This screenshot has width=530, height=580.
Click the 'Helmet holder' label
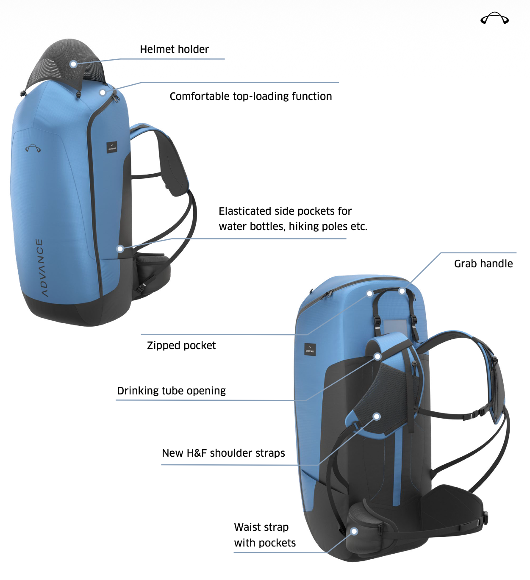tap(174, 50)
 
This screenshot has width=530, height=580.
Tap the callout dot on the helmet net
tap(73, 64)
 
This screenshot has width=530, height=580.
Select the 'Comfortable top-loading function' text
tap(251, 97)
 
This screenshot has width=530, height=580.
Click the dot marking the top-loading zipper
tap(103, 92)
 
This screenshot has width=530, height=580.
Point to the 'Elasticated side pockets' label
tap(293, 219)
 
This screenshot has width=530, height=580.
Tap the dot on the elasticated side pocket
tap(120, 248)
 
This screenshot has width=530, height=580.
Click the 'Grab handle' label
tap(483, 264)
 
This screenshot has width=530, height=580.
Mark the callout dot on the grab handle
tap(402, 291)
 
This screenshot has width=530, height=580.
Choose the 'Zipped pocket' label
tap(181, 346)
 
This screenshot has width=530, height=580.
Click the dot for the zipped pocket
tap(369, 294)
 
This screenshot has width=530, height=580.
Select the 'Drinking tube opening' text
tap(171, 391)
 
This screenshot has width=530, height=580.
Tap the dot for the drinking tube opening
tap(377, 356)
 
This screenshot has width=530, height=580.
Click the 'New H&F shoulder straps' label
tap(223, 453)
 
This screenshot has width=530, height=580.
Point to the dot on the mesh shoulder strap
tap(377, 416)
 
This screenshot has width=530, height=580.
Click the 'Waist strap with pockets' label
tap(265, 535)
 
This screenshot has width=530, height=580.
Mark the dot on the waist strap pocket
tap(354, 531)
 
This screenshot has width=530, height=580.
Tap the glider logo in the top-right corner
tap(494, 18)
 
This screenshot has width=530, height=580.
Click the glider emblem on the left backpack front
tap(33, 148)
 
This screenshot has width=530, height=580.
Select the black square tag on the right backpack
tap(310, 350)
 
